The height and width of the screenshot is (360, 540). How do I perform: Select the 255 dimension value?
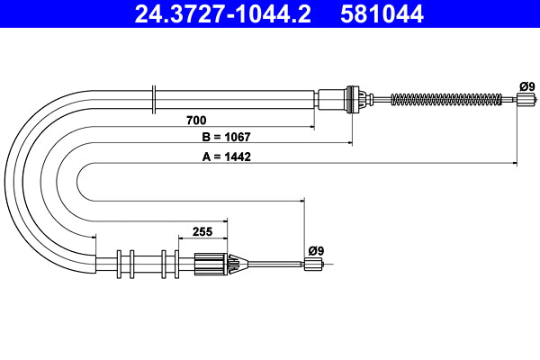click(x=202, y=231)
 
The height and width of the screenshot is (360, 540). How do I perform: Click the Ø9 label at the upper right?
click(x=526, y=86)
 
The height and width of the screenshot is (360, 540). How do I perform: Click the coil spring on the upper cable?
click(x=450, y=100)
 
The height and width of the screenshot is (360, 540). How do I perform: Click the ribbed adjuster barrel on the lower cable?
click(x=211, y=265)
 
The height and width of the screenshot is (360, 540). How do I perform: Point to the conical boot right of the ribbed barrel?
click(x=237, y=265)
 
